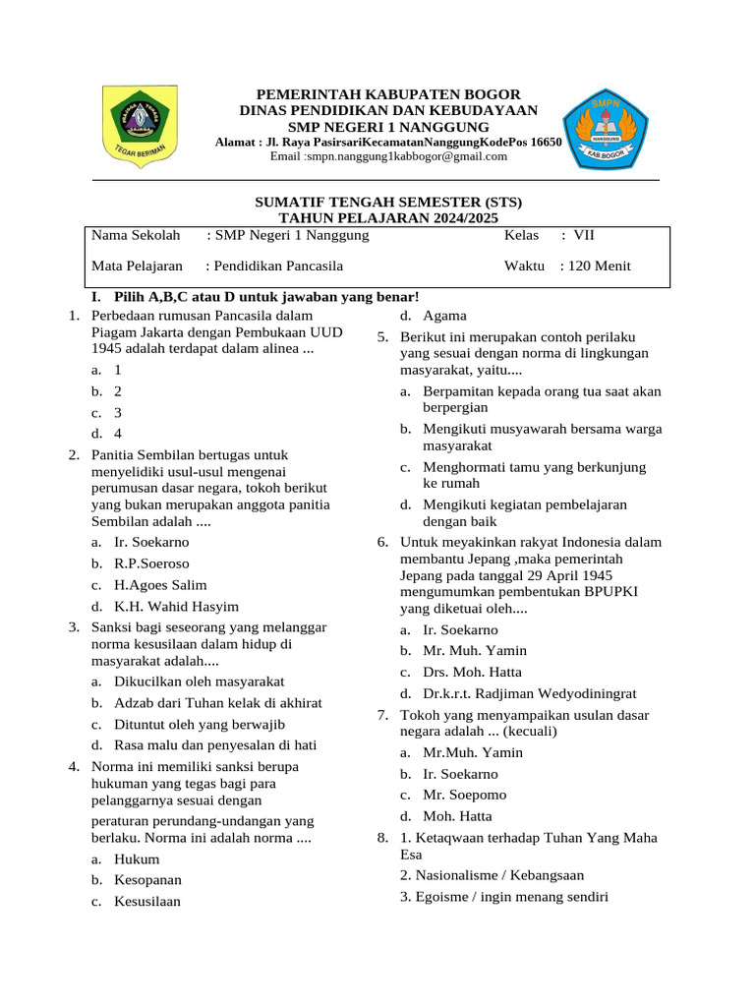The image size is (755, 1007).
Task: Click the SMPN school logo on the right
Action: point(605,127)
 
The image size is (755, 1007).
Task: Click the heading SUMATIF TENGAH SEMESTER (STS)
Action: point(388,202)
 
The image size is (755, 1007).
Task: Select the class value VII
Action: point(584,236)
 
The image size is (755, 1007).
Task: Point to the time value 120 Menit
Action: point(596,266)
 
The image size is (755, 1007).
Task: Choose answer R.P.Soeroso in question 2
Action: point(151,563)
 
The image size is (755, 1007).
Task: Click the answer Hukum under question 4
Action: point(137,859)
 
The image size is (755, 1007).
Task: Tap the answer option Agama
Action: point(444,316)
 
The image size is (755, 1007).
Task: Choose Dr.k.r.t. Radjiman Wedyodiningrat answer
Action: point(530,693)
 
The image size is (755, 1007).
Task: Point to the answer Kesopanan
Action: point(147,880)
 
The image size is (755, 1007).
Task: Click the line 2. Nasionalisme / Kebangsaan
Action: point(492,875)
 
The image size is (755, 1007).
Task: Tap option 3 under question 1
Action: point(118,413)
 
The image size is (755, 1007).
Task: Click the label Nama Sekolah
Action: point(136,236)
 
